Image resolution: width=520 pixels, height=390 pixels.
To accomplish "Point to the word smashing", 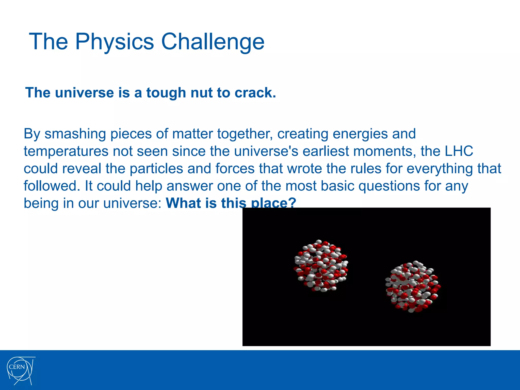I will [x=75, y=134].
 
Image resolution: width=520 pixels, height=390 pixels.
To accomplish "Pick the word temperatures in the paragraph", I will [x=66, y=152].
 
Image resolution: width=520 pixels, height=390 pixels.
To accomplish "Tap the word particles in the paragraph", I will [x=156, y=169].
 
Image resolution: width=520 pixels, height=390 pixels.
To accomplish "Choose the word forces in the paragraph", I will [x=235, y=169].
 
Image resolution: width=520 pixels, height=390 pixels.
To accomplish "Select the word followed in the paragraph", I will [x=50, y=186].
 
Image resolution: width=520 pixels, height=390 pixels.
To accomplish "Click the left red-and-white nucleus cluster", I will [x=321, y=266].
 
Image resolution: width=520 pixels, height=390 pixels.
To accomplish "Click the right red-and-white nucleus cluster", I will [x=413, y=286].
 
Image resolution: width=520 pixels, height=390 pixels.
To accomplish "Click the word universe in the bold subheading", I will [x=84, y=93].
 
